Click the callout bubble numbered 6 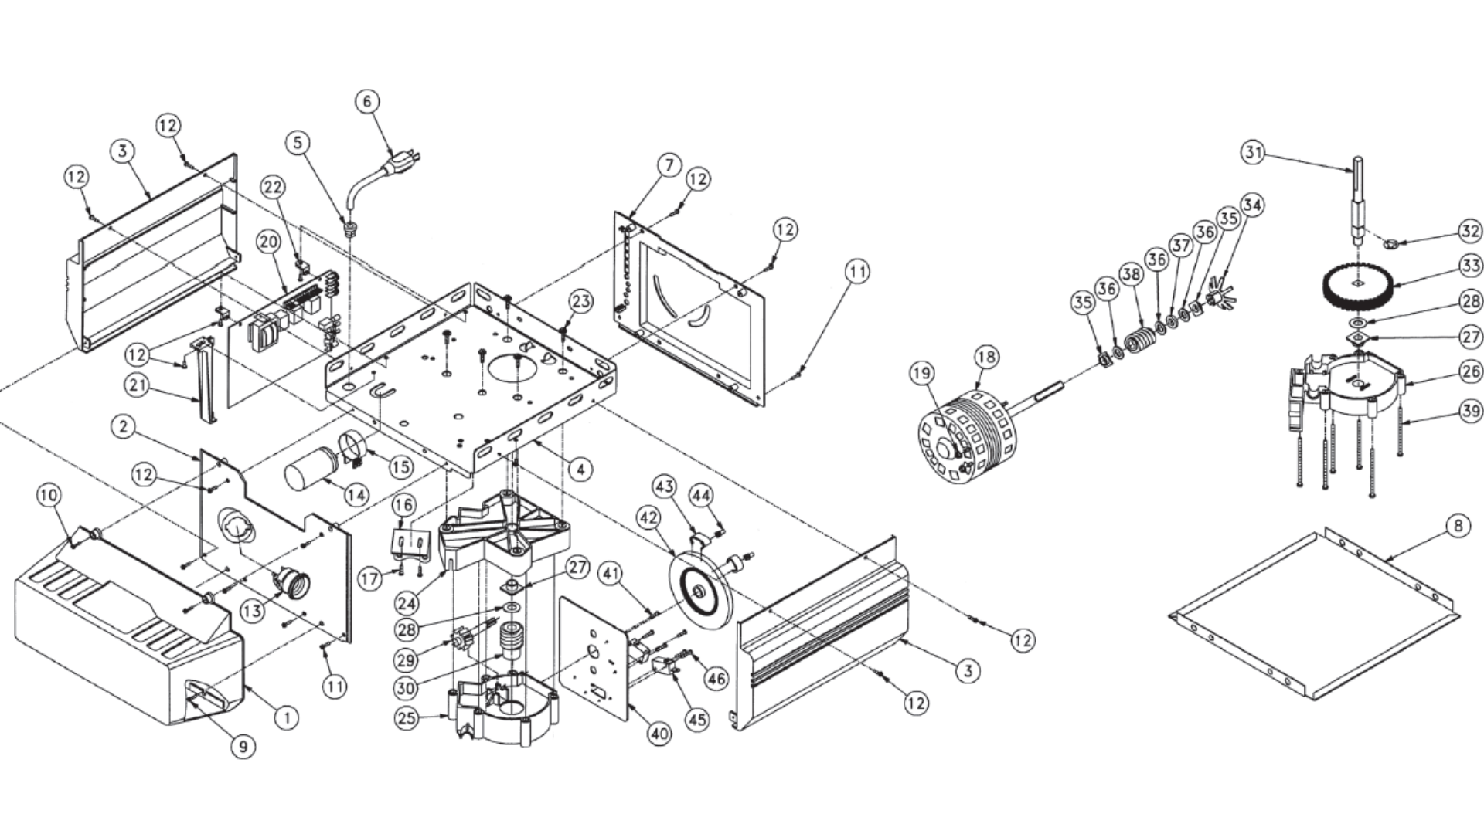coord(367,101)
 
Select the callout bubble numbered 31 coord(1253,152)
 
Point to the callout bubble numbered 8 coord(1458,527)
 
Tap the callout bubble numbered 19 coord(921,374)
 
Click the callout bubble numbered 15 coord(400,467)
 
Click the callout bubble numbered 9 coord(243,747)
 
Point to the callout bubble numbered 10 coord(48,495)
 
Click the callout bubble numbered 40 coord(659,734)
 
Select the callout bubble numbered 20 coord(268,242)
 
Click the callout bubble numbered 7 coord(669,165)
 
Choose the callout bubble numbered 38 coord(1131,274)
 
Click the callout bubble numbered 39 coord(1470,411)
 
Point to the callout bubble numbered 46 coord(716,678)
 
